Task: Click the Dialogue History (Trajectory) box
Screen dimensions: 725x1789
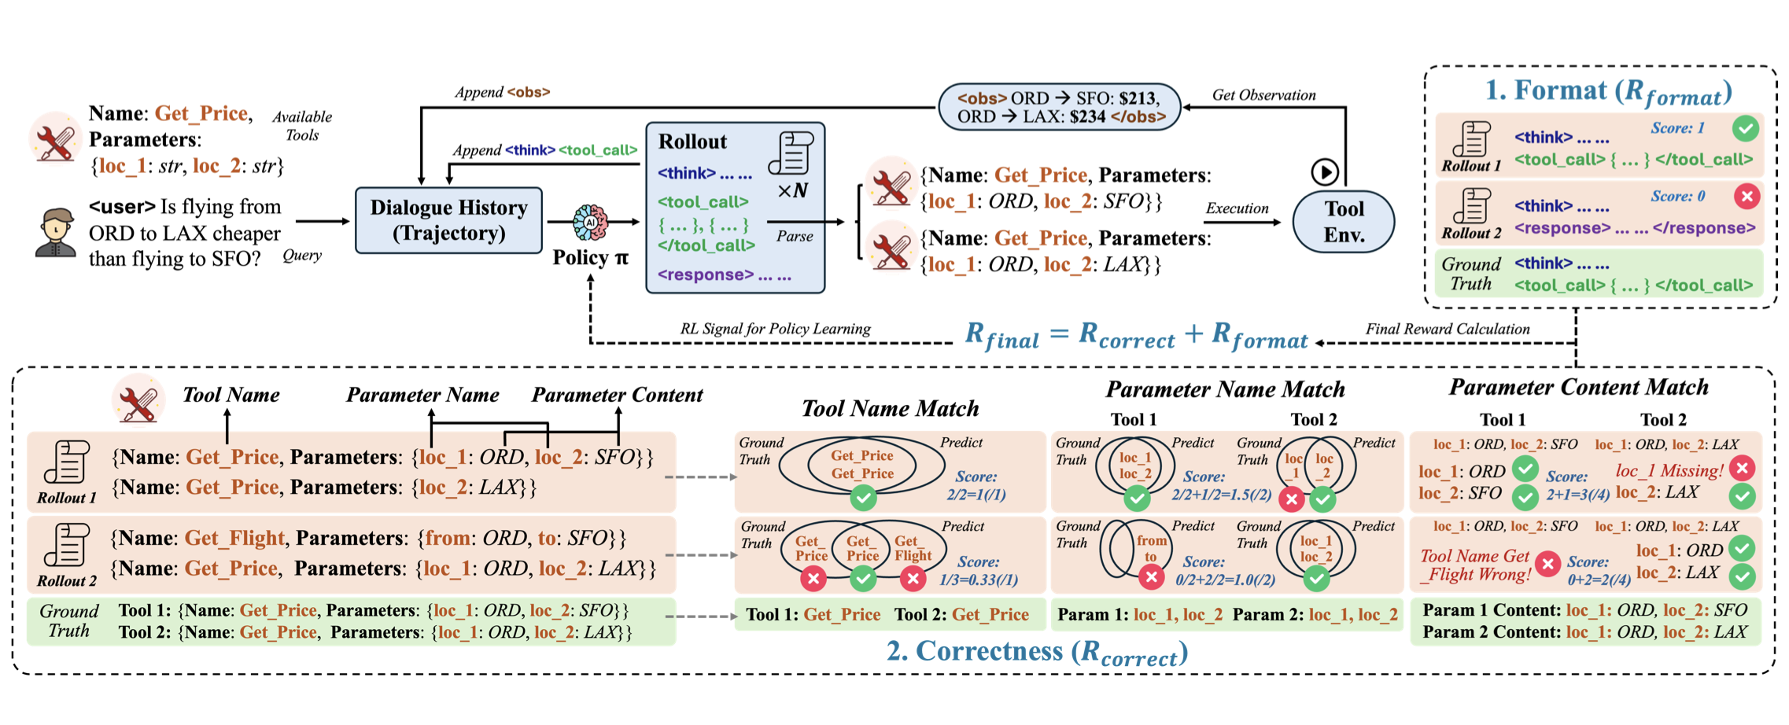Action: pos(448,220)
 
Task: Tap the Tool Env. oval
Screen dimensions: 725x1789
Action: pos(1344,221)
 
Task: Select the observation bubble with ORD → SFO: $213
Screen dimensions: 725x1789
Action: pos(1059,107)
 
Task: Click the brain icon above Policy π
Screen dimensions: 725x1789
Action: pos(590,223)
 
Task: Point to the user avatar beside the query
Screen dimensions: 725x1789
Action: pos(55,233)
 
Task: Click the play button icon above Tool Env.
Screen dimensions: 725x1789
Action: pos(1325,171)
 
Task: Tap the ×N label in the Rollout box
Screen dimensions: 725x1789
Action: pos(792,191)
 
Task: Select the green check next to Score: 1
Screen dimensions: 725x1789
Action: pos(1746,127)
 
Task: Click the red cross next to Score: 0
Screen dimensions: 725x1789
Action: pos(1747,196)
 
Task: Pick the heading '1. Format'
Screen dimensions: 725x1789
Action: pos(1608,92)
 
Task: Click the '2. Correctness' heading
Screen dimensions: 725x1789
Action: pos(1036,652)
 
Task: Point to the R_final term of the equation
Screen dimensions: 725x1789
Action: pos(1001,336)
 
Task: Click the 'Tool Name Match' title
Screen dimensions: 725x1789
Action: pos(890,408)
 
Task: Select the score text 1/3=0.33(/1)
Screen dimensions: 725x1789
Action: pos(979,580)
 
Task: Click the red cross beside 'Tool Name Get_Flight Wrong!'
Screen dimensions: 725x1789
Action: pos(1547,563)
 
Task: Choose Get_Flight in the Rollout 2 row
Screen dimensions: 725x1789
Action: pos(234,538)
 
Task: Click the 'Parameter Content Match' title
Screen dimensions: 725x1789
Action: pos(1578,387)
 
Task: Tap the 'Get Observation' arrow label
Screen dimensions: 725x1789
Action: pos(1263,95)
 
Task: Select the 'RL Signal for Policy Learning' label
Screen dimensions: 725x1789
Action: pos(775,329)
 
